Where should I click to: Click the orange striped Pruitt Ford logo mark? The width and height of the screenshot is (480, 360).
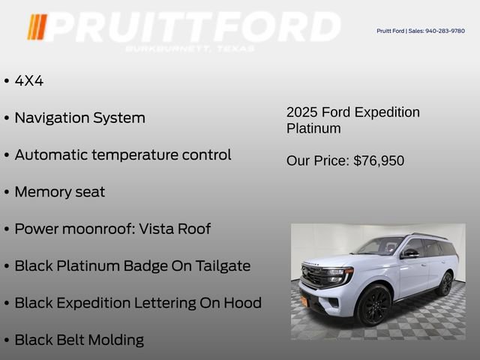(37, 27)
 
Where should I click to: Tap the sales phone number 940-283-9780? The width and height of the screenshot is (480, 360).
(445, 31)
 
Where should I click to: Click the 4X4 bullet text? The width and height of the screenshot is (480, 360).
(29, 81)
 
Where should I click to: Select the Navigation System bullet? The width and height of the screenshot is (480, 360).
(79, 118)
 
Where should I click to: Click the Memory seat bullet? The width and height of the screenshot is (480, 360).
(60, 191)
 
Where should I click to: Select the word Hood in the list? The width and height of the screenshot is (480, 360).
(242, 303)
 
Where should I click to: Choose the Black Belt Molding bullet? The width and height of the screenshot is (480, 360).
(79, 340)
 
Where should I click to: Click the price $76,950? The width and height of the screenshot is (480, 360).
(379, 160)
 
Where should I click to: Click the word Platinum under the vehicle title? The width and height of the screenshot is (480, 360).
(313, 128)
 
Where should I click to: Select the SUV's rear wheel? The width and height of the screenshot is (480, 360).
(446, 283)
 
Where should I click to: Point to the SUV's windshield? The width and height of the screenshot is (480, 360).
(381, 246)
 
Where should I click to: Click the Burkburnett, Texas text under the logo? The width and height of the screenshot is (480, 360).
(190, 49)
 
